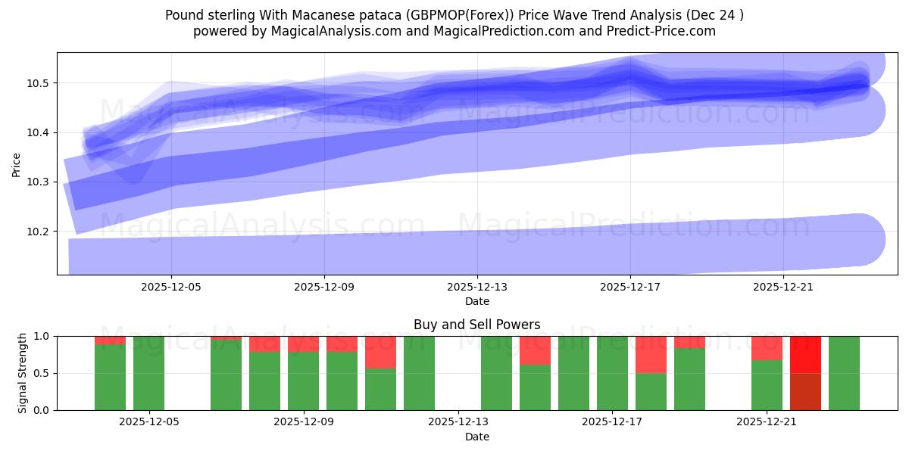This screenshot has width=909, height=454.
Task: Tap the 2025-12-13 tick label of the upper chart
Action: [477, 288]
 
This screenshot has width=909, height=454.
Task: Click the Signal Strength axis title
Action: [23, 373]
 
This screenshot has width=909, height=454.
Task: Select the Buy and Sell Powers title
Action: [477, 325]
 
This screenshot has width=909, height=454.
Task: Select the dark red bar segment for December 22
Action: [805, 391]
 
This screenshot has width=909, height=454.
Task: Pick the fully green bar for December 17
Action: [612, 373]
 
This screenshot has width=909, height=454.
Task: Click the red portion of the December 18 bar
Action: [651, 354]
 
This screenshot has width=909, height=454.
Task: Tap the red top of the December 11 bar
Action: [380, 352]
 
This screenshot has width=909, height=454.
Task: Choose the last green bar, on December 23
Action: [844, 373]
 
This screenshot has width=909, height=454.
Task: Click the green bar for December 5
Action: [148, 373]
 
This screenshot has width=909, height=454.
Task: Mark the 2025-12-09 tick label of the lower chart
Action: [304, 421]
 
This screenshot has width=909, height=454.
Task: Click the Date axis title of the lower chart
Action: [477, 437]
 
